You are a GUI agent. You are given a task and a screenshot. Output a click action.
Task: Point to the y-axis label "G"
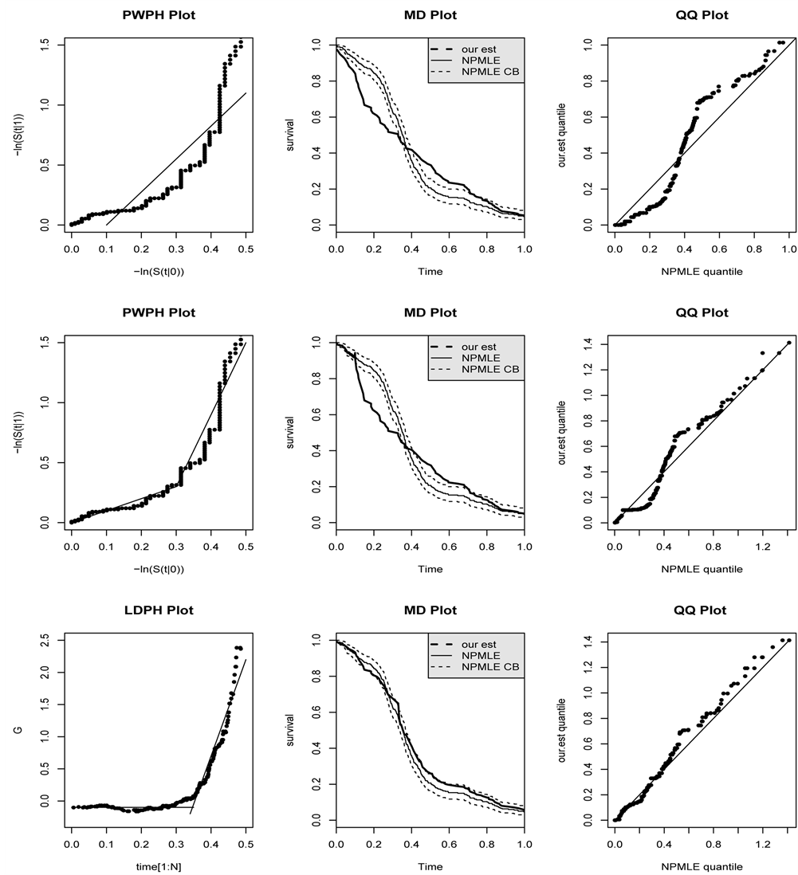[x=29, y=729]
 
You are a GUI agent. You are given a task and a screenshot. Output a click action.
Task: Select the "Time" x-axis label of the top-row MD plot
[x=430, y=272]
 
